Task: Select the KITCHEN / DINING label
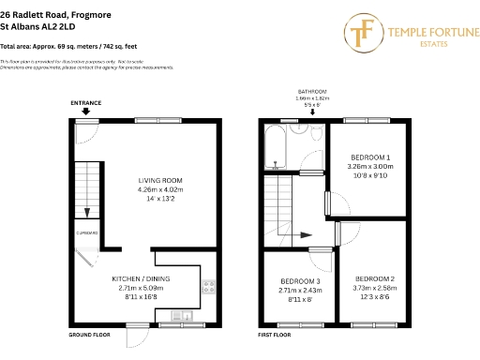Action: (x=141, y=278)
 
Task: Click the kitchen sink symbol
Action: (x=185, y=314)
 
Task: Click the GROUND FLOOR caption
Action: (x=90, y=334)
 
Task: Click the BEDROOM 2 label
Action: (x=375, y=278)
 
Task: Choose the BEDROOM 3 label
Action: (x=299, y=280)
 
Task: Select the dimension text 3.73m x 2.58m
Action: (x=375, y=288)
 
